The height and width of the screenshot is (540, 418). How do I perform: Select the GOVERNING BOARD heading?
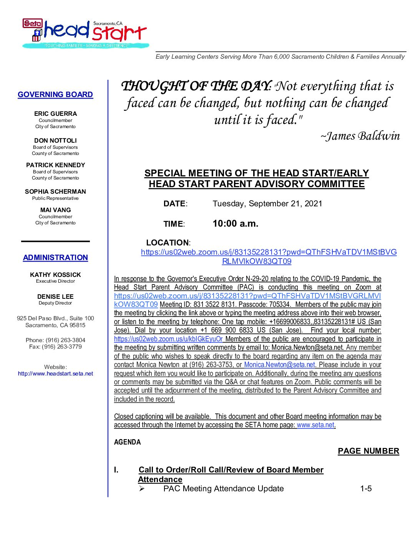tap(55, 95)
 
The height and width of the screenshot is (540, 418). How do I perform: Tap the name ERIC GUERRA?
tap(55, 114)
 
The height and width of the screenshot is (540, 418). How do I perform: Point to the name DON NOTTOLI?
tap(55, 140)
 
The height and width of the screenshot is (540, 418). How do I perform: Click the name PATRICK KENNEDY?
tap(55, 165)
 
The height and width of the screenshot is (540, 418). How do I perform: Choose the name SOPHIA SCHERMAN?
tap(55, 191)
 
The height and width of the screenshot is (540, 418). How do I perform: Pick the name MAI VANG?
tap(55, 210)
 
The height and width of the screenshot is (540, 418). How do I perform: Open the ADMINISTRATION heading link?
tap(55, 258)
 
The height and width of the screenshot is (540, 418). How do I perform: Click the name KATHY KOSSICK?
tap(55, 275)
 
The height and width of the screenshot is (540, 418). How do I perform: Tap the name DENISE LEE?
tap(55, 296)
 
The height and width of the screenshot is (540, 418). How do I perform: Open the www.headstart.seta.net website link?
tap(55, 374)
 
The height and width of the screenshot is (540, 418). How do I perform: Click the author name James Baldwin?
tap(360, 136)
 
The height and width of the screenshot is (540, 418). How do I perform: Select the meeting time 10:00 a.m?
tap(236, 224)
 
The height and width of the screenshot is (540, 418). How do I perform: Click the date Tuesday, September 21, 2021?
tap(267, 204)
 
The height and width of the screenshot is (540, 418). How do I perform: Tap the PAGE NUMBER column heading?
tap(368, 451)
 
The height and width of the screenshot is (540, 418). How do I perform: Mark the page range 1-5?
tap(366, 489)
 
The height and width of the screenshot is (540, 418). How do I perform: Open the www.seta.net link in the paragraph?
tap(315, 425)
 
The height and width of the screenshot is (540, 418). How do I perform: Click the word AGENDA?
tap(128, 442)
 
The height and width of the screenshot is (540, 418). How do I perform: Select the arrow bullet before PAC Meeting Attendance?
tap(142, 489)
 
